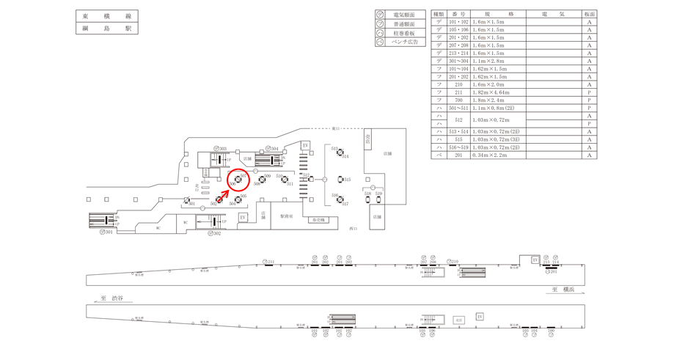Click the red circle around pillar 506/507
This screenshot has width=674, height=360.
click(239, 180)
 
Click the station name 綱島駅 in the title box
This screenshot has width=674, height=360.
click(107, 29)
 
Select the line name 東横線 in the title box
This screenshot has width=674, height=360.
click(107, 16)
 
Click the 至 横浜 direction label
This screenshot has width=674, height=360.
click(565, 290)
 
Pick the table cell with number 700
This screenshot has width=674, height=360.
click(459, 100)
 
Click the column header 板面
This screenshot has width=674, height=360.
click(589, 14)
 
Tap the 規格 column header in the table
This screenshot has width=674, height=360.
click(499, 14)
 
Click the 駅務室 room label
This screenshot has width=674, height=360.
click(287, 216)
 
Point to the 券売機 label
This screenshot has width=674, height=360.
click(318, 220)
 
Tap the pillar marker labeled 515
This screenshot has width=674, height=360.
click(341, 180)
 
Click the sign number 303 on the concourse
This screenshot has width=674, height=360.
click(221, 149)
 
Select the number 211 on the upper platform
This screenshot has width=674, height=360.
click(269, 262)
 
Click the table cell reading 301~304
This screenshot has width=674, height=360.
click(459, 61)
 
